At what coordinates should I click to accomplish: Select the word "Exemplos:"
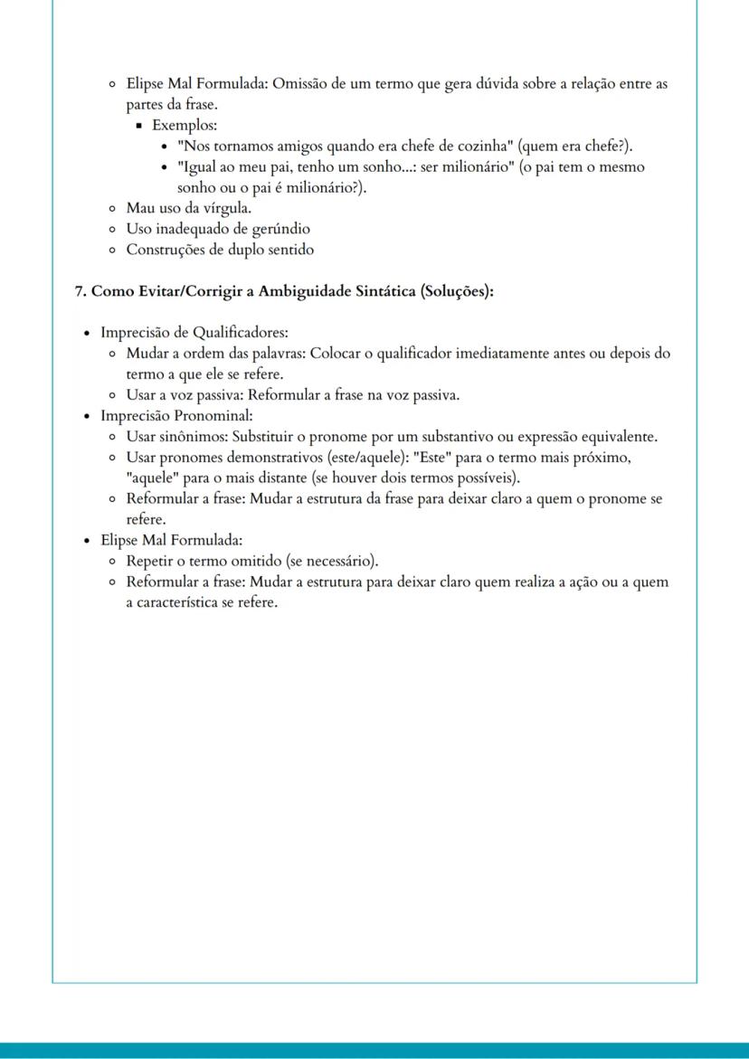(x=185, y=125)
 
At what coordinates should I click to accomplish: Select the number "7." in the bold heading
(x=81, y=291)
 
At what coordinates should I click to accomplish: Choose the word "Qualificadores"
(x=240, y=333)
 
